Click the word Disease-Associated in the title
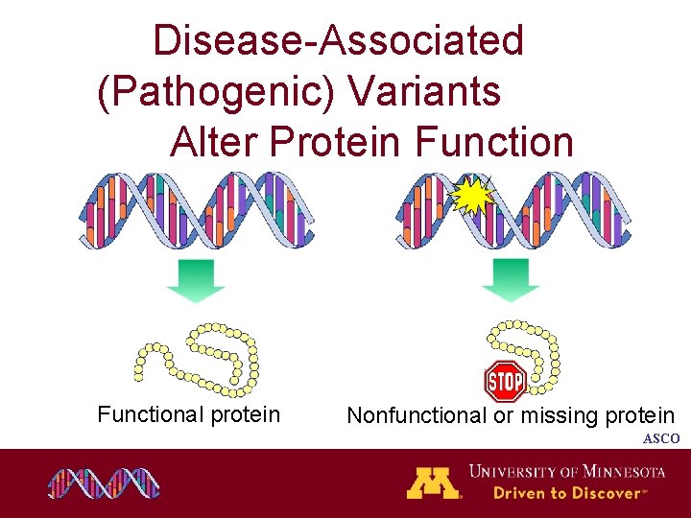[x=339, y=41]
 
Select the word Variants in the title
[x=425, y=92]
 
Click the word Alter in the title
[x=215, y=143]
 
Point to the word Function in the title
[x=494, y=143]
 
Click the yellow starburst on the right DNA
[x=472, y=197]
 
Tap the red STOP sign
[x=505, y=382]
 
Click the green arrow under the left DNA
[x=195, y=279]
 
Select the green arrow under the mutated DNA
[x=511, y=279]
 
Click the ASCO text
[x=661, y=438]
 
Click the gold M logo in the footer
[x=434, y=483]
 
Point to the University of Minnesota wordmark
[x=566, y=471]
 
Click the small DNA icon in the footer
[x=104, y=483]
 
